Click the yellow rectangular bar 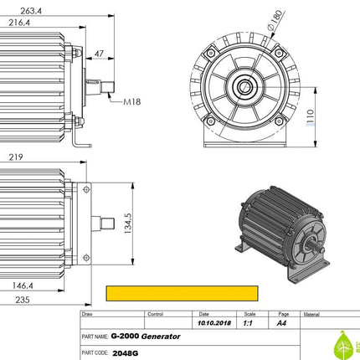click(x=183, y=293)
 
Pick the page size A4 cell click(x=281, y=322)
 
